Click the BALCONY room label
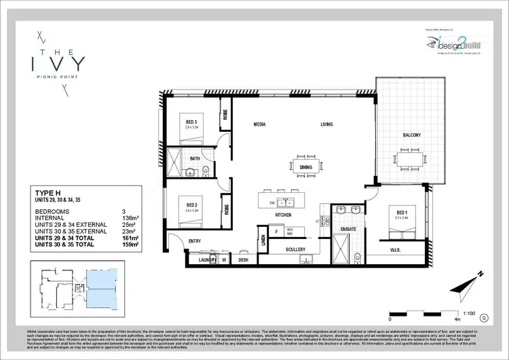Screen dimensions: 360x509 click(411, 135)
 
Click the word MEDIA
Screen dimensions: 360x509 click(259, 125)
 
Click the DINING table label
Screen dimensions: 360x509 click(305, 167)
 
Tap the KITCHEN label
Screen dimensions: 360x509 click(284, 215)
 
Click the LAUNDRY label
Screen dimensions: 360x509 click(207, 260)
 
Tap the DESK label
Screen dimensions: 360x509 click(243, 260)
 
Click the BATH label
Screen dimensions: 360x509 click(195, 158)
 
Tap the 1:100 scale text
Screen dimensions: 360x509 click(469, 306)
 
